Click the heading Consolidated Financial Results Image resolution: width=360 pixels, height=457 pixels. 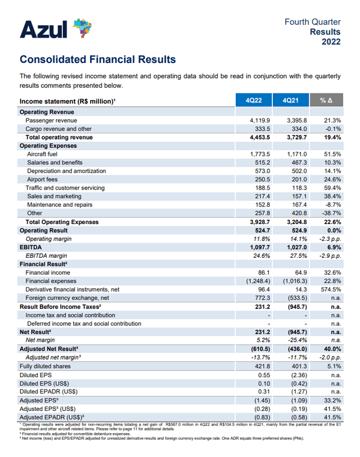[x=97, y=60]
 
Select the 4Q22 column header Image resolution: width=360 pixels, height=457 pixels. [x=254, y=101]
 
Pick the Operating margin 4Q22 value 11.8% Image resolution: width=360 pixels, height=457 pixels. [x=262, y=239]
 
